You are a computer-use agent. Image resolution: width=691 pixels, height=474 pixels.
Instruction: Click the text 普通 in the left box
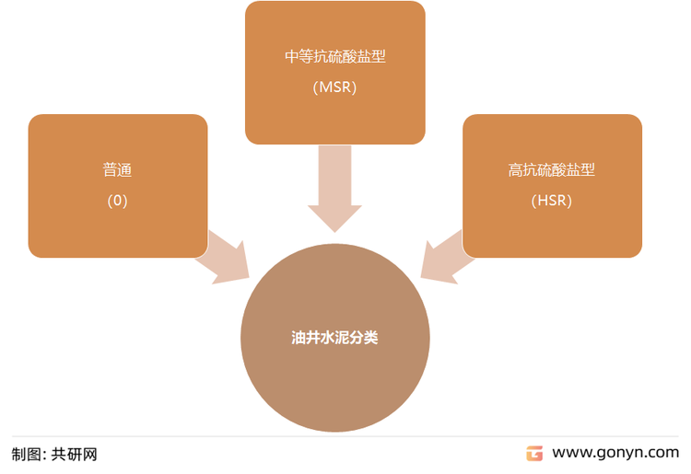[x=117, y=169]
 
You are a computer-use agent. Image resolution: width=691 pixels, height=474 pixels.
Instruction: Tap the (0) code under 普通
[x=117, y=201]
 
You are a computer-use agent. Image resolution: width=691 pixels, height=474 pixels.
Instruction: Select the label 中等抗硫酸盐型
[x=335, y=56]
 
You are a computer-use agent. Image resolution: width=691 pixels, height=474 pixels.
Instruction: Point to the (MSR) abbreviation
[x=335, y=87]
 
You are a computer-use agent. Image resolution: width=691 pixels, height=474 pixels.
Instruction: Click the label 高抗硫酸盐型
[x=551, y=169]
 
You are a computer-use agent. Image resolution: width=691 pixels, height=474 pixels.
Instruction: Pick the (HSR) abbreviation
[x=551, y=201]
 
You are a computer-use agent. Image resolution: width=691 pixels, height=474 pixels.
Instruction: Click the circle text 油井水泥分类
[x=334, y=338]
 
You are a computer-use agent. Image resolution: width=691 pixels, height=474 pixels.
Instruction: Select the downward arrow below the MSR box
[x=335, y=189]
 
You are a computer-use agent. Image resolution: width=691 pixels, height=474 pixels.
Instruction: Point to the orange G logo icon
[x=534, y=454]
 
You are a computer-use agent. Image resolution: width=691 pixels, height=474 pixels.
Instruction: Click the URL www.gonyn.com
[x=615, y=453]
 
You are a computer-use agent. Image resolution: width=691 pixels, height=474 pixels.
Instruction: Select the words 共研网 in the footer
[x=74, y=454]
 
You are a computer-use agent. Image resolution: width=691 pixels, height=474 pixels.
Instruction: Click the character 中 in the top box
[x=292, y=56]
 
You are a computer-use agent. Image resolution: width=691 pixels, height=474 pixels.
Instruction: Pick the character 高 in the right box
[x=515, y=169]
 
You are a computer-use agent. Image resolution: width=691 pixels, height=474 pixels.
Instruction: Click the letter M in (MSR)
[x=325, y=87]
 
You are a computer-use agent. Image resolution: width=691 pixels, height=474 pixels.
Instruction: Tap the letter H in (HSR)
[x=543, y=201]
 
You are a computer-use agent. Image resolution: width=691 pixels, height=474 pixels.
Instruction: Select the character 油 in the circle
[x=299, y=338]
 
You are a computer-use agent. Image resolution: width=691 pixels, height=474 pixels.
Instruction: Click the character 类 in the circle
[x=371, y=338]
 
